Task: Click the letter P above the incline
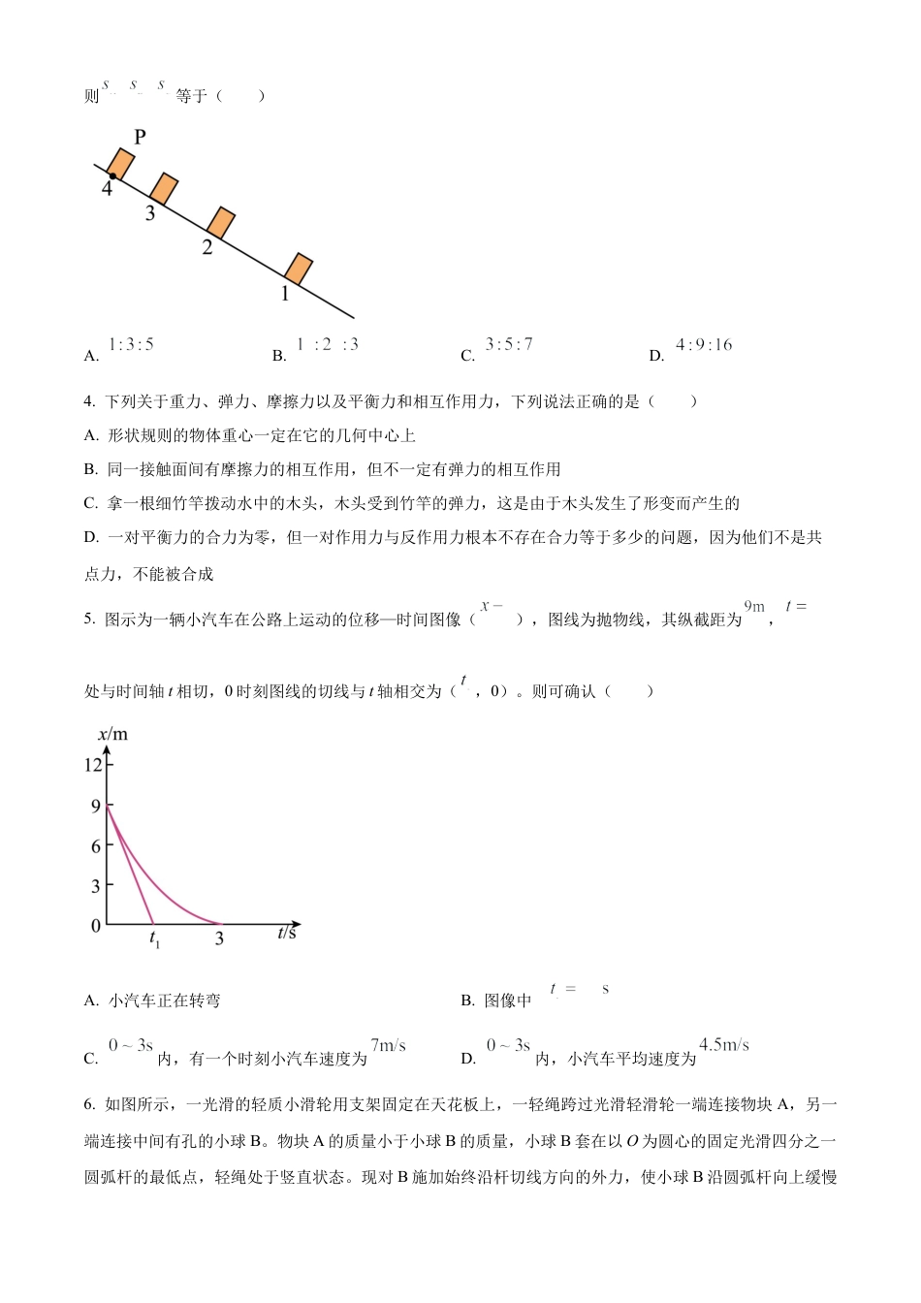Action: tap(140, 137)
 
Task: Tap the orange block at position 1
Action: tap(299, 269)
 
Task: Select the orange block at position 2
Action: tap(221, 222)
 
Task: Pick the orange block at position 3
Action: tap(164, 188)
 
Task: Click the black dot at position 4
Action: tap(112, 176)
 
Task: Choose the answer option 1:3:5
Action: tap(131, 344)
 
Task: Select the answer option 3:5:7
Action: tap(509, 344)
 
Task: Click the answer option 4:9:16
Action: tap(704, 344)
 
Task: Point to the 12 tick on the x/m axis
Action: tap(93, 765)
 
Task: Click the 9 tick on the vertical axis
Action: tap(96, 806)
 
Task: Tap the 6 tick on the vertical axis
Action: tap(96, 846)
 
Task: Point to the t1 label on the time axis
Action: tap(154, 938)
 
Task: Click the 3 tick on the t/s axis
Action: tap(219, 938)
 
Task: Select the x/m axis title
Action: tap(112, 734)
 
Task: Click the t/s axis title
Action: tap(287, 932)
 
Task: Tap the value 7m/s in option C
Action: tap(388, 1045)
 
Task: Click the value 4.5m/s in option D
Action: tap(724, 1045)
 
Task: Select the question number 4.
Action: tap(89, 401)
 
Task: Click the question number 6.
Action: tap(89, 1104)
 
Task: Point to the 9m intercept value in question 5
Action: tap(754, 607)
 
